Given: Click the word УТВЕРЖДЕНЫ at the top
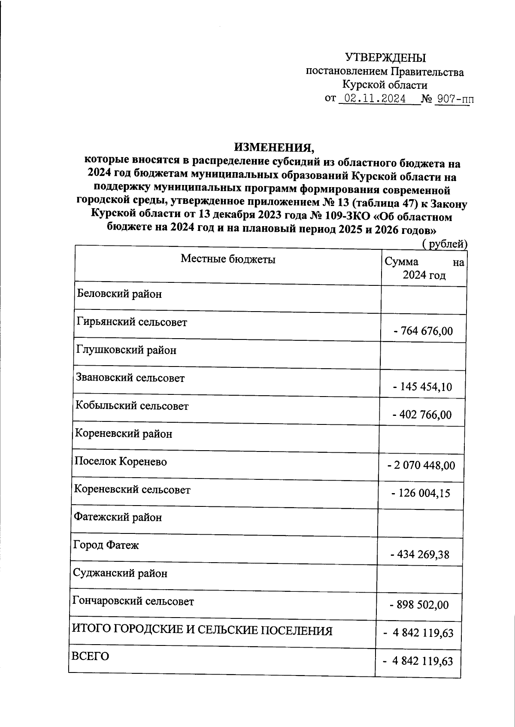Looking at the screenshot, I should tap(386, 58).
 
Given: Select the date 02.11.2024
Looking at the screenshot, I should tap(376, 99).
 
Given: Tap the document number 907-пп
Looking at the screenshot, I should tap(454, 100).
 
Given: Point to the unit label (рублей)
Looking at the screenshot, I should tap(444, 244).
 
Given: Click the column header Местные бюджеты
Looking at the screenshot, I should tap(228, 259).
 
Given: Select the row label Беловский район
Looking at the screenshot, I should tap(120, 294).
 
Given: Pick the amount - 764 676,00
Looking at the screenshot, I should tap(423, 331).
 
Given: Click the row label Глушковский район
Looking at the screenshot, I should tap(126, 350).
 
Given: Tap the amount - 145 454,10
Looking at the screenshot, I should tap(422, 387).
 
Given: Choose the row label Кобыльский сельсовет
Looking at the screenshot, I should tap(132, 406).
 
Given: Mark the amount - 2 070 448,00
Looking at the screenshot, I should tap(421, 465).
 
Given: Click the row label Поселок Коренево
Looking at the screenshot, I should tap(121, 462).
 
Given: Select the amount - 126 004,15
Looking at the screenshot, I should tap(421, 493).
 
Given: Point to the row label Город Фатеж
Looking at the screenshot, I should tap(106, 545).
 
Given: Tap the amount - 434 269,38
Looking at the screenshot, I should tap(420, 555).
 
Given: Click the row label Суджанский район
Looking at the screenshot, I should tap(120, 573).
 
